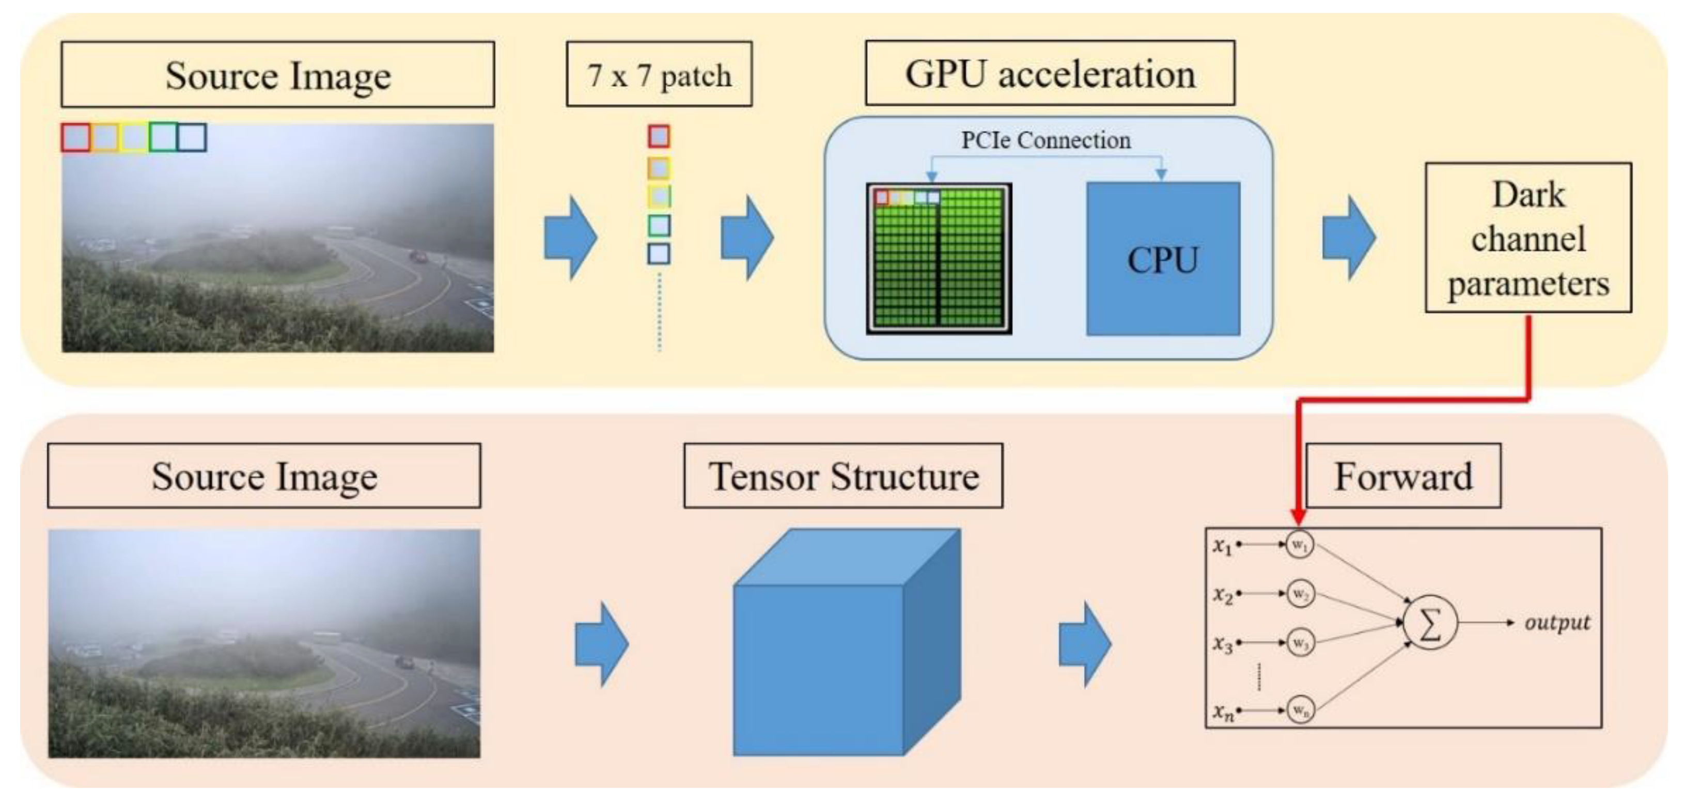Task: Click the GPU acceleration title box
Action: tap(1049, 73)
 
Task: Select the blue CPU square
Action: tap(1162, 259)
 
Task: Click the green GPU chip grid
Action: tap(939, 262)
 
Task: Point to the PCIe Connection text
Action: tap(1046, 140)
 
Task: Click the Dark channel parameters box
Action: tap(1527, 238)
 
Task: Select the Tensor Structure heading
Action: tap(842, 476)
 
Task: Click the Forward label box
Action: tap(1403, 476)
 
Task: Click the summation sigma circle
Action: tap(1430, 623)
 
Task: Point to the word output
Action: tap(1557, 622)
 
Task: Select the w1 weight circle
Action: tap(1299, 545)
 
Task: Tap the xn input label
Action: tap(1222, 711)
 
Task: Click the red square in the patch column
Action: tap(659, 137)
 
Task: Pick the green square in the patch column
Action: tap(659, 226)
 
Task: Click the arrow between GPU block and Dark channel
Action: tap(1348, 238)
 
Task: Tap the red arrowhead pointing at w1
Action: tap(1299, 517)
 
